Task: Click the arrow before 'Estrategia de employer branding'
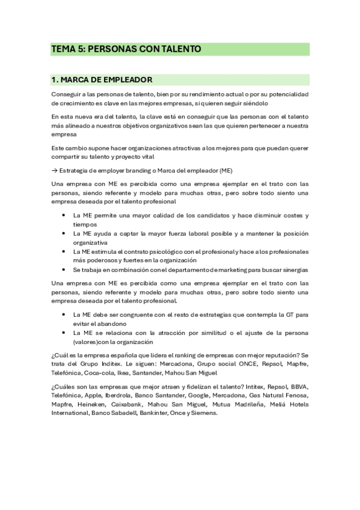coord(55,171)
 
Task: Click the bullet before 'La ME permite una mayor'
coord(64,215)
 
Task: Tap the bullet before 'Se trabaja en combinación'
coord(64,269)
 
